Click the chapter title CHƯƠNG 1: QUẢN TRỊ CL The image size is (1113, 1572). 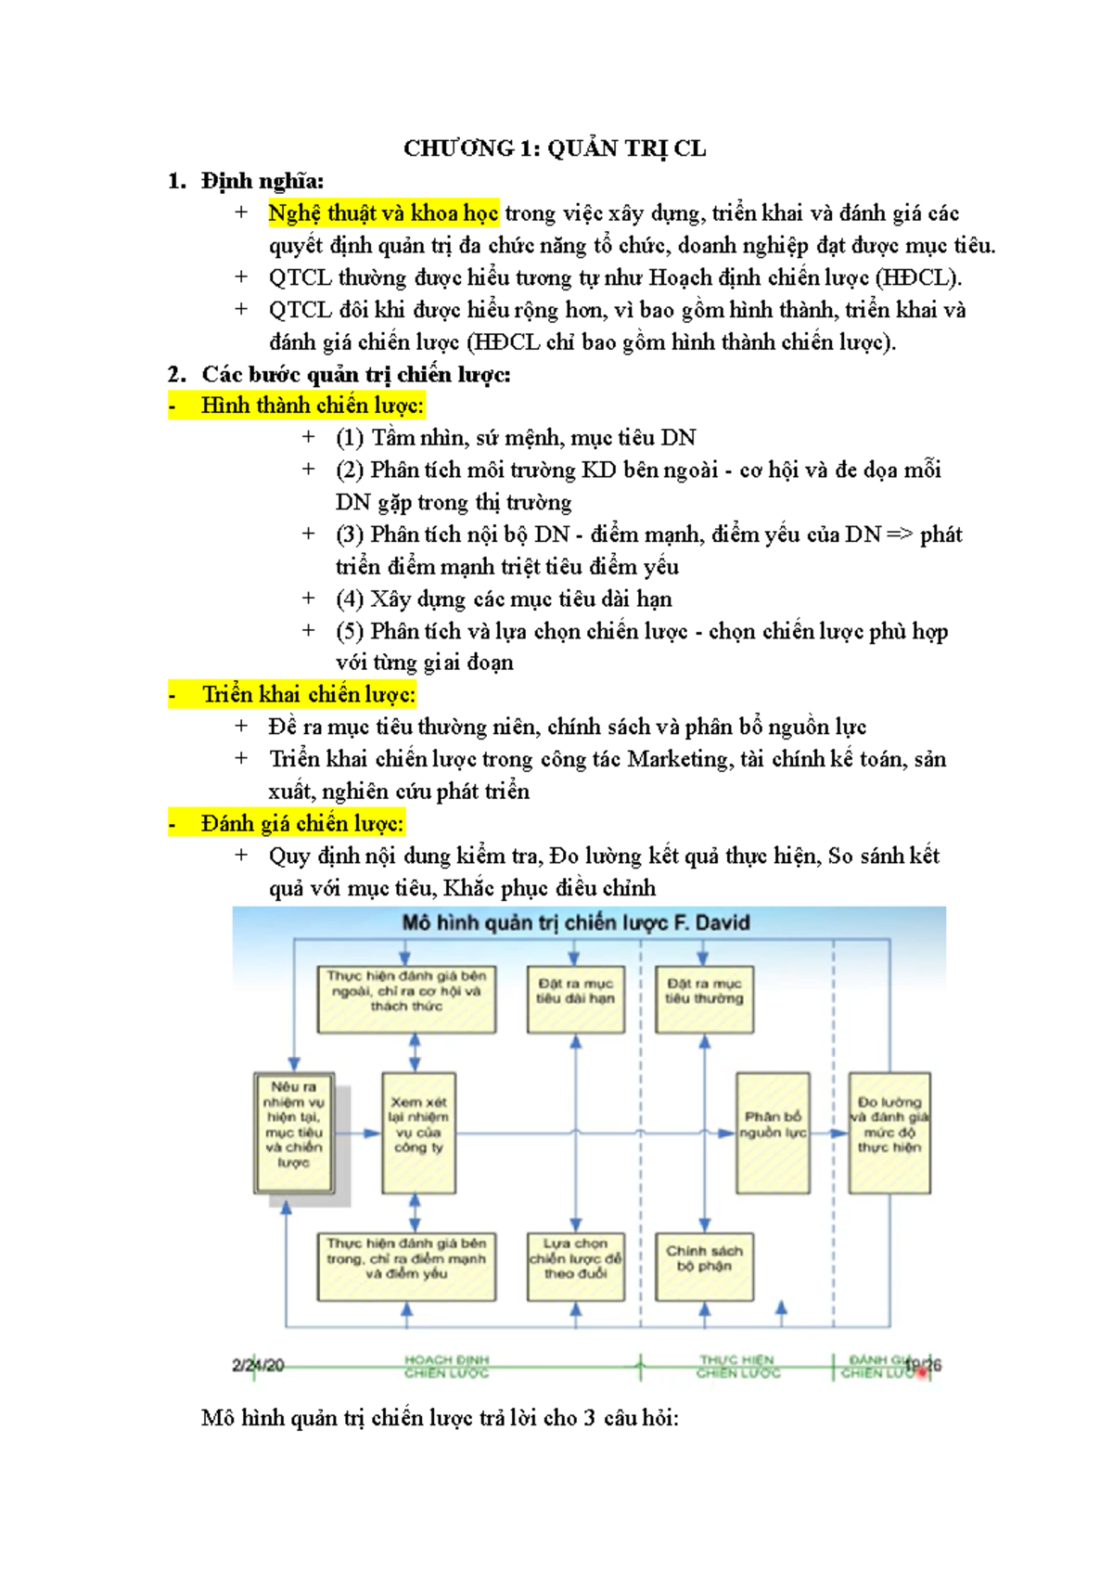coord(555,148)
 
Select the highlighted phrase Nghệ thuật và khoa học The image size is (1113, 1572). coord(383,213)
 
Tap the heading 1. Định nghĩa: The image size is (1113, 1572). coord(246,181)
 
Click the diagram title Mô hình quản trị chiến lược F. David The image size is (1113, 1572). coord(575,923)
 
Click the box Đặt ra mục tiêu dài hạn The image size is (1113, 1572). coord(575,999)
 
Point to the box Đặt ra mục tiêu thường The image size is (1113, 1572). coord(704,999)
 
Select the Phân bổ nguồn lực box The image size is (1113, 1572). coord(773,1132)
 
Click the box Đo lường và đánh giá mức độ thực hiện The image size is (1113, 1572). coord(889,1132)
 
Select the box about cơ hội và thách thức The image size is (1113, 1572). coord(406,999)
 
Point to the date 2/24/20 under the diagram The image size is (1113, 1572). coord(258,1366)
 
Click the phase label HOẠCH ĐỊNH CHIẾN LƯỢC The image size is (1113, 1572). coord(446,1366)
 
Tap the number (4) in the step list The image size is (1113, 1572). coord(350,599)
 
